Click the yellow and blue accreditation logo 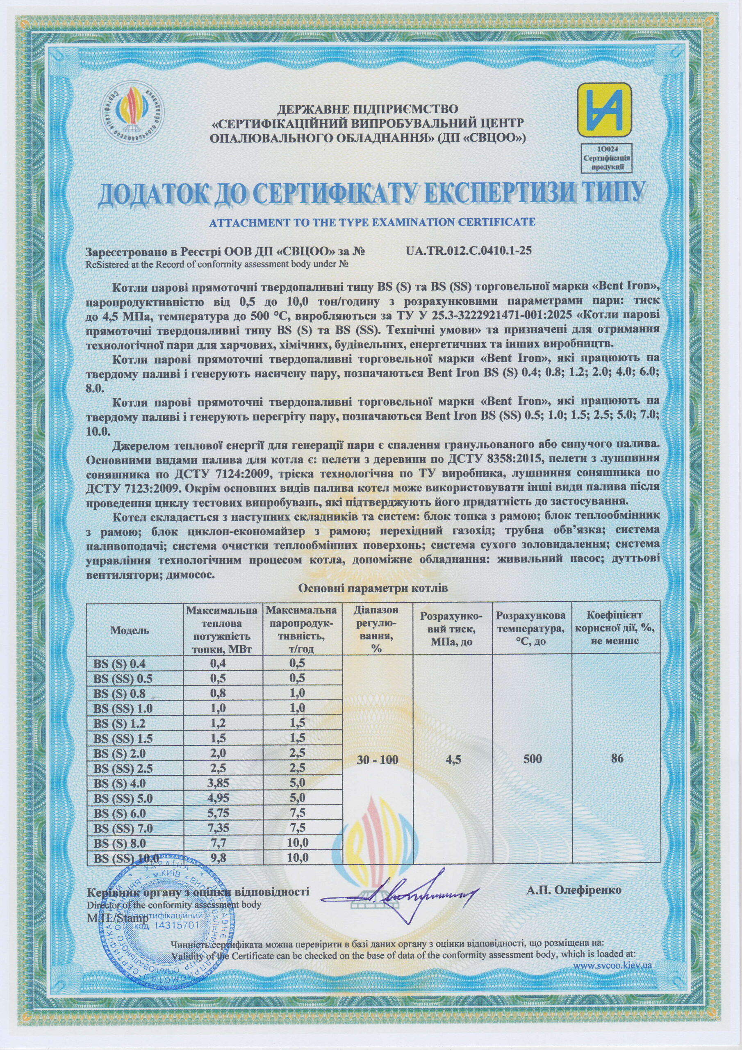(x=604, y=110)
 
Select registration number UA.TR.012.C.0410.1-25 (x=468, y=251)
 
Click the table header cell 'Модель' (x=130, y=630)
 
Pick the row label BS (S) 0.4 (x=119, y=664)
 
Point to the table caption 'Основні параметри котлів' (x=373, y=589)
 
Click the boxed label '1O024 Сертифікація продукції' (x=604, y=157)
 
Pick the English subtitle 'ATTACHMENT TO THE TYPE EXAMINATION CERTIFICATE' (x=372, y=222)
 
